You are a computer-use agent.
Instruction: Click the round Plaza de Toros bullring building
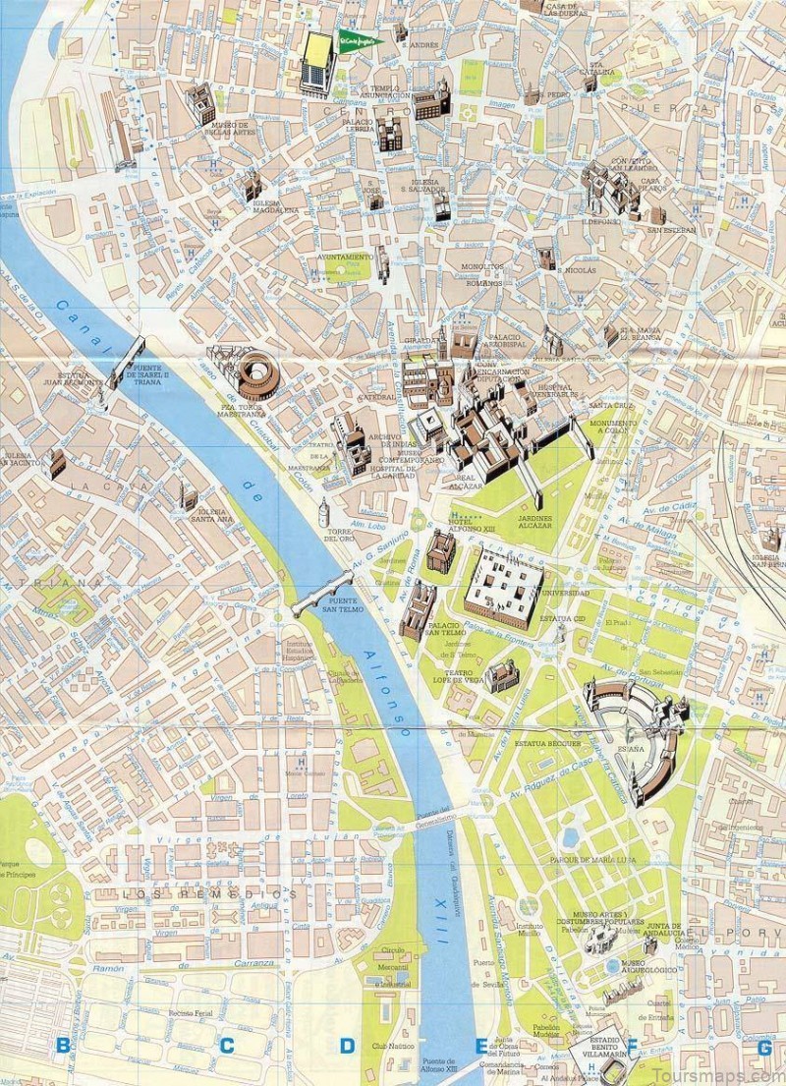pos(258,372)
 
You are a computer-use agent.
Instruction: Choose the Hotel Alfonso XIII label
pos(474,526)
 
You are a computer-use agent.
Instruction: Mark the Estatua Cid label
pos(566,618)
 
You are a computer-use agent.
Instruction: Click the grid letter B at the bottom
pos(64,1046)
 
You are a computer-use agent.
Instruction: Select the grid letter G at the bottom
pos(764,1046)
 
